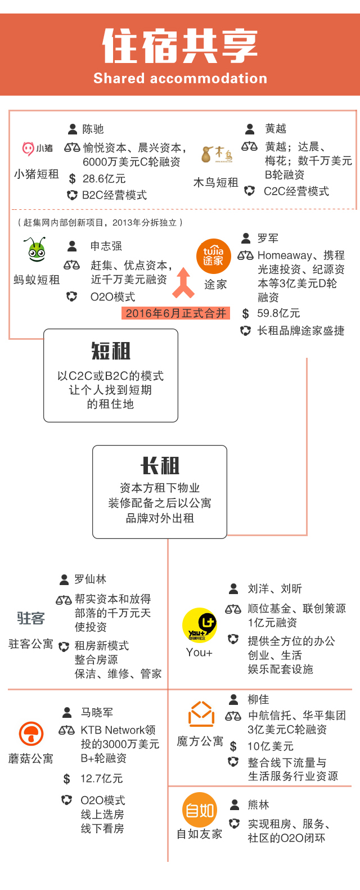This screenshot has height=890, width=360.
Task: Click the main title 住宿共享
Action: tap(180, 46)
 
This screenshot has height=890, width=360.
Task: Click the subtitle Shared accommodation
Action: tap(180, 78)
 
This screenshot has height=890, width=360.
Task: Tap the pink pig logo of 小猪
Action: tap(28, 149)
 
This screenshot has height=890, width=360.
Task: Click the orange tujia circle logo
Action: tap(214, 257)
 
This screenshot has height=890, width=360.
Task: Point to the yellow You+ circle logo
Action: tap(199, 624)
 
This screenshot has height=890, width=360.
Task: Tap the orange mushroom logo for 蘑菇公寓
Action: tap(31, 734)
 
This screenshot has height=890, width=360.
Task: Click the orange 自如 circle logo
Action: tap(200, 810)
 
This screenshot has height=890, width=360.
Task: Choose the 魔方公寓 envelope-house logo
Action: tap(201, 714)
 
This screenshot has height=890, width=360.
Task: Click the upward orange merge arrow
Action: tap(183, 282)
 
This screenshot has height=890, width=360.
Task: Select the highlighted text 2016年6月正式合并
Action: tap(175, 313)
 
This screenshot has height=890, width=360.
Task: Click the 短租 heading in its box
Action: tap(111, 351)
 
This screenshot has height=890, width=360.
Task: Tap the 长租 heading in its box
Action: tap(160, 466)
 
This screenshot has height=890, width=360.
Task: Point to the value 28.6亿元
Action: tap(104, 179)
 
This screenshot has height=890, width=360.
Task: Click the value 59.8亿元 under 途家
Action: tap(278, 313)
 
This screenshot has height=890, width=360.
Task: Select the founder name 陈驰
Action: tap(93, 129)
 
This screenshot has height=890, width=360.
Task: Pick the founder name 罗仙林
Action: tap(90, 579)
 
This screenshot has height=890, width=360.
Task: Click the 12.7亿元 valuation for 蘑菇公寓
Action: tap(101, 779)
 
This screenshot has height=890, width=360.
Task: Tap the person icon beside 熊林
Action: tap(235, 805)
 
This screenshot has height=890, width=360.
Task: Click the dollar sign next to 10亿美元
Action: tap(233, 747)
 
